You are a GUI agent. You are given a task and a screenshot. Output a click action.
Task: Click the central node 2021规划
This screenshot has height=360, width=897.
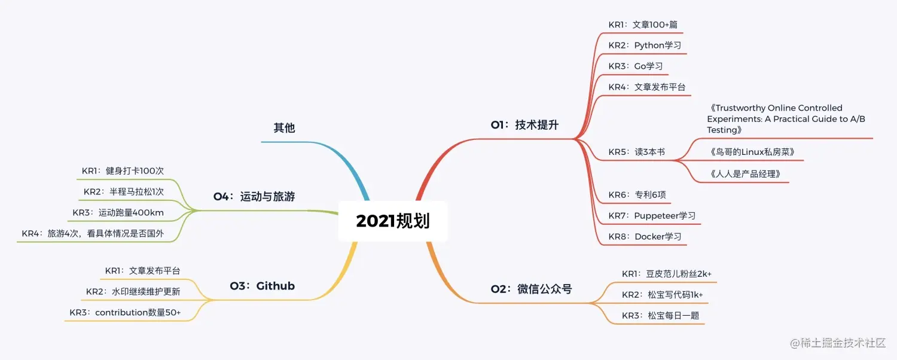click(x=393, y=221)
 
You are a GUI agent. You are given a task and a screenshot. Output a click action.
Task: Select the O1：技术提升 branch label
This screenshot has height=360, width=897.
click(x=524, y=124)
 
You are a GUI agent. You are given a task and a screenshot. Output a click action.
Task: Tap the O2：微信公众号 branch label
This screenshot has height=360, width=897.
click(x=531, y=289)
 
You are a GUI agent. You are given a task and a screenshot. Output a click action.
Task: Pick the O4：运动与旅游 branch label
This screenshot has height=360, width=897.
click(x=254, y=196)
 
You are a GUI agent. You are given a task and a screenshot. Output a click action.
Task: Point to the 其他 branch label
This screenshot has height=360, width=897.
click(x=284, y=128)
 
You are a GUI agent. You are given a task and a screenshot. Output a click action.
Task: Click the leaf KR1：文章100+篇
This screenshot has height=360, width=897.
click(x=643, y=25)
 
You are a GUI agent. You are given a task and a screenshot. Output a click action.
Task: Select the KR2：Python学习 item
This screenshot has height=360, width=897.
click(x=645, y=45)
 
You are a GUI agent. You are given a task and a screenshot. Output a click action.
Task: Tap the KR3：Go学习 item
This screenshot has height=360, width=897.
click(x=636, y=66)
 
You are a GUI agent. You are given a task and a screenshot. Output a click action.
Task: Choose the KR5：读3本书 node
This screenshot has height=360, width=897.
click(x=636, y=152)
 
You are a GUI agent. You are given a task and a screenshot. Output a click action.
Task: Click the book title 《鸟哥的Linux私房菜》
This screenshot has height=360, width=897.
click(x=752, y=152)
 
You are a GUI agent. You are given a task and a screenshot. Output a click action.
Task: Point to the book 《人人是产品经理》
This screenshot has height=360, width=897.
click(x=746, y=174)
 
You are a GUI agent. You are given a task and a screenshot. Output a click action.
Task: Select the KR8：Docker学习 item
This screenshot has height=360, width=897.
click(x=645, y=236)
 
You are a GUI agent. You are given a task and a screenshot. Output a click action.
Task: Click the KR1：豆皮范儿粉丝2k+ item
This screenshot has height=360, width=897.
click(x=667, y=274)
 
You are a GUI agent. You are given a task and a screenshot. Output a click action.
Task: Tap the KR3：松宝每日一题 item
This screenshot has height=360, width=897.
click(x=660, y=315)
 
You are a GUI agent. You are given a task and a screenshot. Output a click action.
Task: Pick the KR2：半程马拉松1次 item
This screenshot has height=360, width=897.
click(x=124, y=192)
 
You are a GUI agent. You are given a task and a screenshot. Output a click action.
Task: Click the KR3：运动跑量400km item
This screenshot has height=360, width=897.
click(x=118, y=213)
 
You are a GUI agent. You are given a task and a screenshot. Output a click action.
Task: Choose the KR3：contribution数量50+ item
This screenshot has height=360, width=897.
click(x=125, y=312)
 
